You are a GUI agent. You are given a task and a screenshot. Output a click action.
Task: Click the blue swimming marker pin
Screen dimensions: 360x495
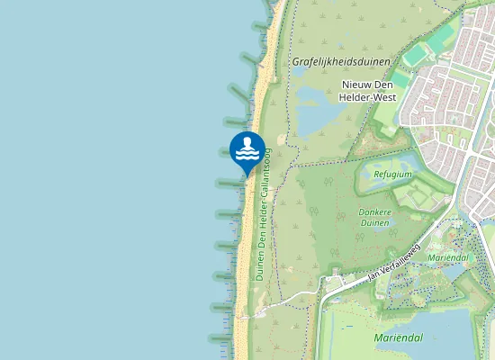coord(247,152)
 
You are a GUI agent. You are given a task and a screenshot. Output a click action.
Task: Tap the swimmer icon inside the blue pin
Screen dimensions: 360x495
coord(247,148)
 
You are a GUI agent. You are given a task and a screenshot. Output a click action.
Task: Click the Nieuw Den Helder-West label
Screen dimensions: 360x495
coord(369,91)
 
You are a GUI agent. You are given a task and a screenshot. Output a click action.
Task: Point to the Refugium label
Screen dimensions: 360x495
coord(395,175)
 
